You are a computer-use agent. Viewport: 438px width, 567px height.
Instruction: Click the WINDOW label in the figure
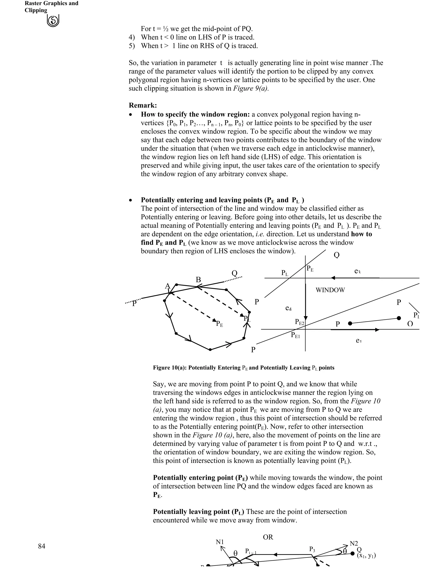(330, 290)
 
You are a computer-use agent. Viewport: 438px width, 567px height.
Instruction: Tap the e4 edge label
(288, 308)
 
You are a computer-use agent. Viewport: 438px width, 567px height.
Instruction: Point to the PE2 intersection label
(299, 322)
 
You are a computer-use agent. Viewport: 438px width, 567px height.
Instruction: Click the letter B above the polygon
(198, 280)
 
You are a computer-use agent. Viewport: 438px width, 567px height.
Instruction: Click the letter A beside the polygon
(168, 286)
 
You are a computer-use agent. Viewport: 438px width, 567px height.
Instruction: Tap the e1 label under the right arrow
(359, 340)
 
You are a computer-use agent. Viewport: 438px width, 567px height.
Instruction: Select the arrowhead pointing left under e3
(333, 278)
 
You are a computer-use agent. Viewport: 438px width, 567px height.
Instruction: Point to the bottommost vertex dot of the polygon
(210, 350)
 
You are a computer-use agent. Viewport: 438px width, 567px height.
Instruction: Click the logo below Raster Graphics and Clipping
(53, 21)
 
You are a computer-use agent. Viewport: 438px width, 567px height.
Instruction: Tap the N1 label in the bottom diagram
(219, 542)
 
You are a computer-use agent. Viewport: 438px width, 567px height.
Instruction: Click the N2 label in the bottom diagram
(354, 543)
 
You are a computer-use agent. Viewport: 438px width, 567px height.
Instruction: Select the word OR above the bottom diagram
(268, 537)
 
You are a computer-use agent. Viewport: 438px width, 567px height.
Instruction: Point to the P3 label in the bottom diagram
(312, 549)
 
